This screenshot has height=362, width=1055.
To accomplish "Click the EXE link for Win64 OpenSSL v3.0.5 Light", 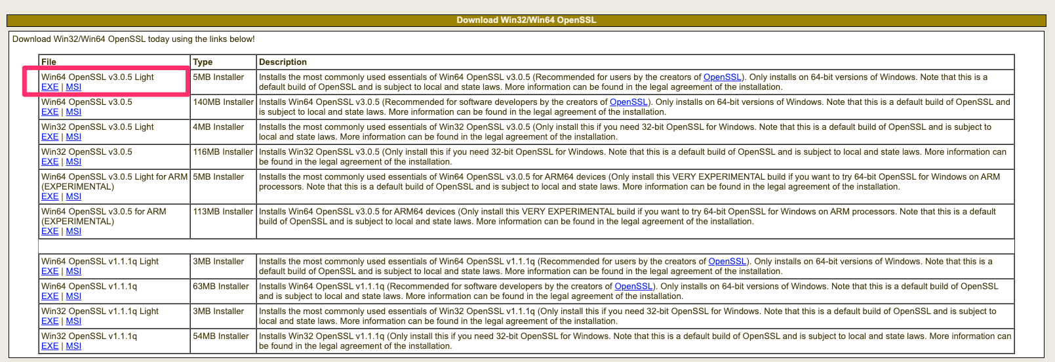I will click(50, 87).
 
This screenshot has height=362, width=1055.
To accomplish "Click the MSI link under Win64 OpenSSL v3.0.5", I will click(73, 112).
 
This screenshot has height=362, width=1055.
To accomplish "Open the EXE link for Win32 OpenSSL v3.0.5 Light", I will click(50, 137).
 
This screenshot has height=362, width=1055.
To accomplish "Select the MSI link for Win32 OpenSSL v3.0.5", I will click(73, 162).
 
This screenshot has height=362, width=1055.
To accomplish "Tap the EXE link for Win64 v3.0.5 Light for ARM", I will click(50, 197).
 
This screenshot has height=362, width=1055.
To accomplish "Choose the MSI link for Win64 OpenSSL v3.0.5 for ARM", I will click(73, 231).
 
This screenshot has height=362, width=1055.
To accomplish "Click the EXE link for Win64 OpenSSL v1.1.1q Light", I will click(50, 271).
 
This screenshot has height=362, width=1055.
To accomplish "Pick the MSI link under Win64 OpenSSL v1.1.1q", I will click(73, 296).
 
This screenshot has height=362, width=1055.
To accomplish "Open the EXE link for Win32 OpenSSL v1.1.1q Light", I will click(50, 321).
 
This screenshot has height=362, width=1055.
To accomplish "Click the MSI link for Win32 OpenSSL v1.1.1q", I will click(73, 346).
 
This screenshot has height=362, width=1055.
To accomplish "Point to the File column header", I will click(49, 62).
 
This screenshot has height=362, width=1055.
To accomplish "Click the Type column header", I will click(203, 62).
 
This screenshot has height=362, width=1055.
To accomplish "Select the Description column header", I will click(283, 62).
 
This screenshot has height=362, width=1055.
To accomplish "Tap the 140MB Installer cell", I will click(223, 102).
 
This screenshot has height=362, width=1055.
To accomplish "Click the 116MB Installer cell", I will click(223, 152).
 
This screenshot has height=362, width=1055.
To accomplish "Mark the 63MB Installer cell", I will click(220, 287).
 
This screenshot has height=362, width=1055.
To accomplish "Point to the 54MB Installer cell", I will click(220, 336).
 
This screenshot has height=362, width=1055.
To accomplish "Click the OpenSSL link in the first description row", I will click(722, 77).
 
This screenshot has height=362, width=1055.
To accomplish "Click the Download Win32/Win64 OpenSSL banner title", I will click(526, 20).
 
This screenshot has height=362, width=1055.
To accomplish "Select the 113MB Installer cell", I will click(223, 212).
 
